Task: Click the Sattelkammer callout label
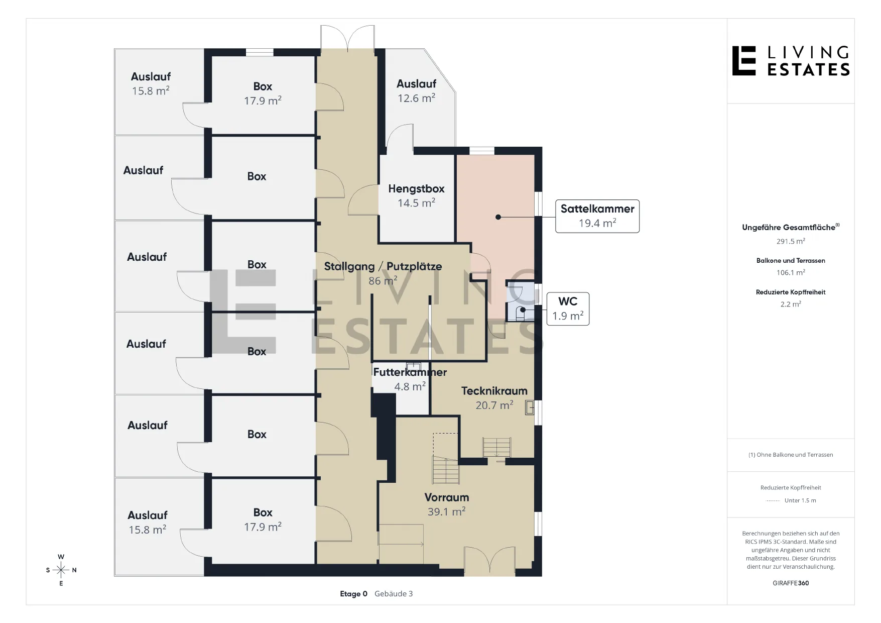coord(597,216)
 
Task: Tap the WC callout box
coord(568,309)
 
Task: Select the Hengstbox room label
coord(416,196)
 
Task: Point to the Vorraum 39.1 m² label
coord(446,504)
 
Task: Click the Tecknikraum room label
coord(494,398)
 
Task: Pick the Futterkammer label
coord(410,379)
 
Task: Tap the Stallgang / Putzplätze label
coord(383,273)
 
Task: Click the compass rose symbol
coord(61,570)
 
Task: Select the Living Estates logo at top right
coord(791,61)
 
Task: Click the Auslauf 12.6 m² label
coord(416,91)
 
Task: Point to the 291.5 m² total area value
coord(791,241)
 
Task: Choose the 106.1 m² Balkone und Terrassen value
coord(791,272)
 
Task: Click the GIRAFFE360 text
coord(791,583)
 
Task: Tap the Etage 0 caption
coord(353,594)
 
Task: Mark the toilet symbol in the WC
coord(522,314)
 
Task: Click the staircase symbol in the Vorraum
coord(446,469)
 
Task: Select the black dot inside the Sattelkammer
coord(498,217)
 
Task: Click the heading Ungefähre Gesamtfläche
coord(791,227)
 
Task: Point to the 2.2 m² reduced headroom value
coord(791,304)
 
